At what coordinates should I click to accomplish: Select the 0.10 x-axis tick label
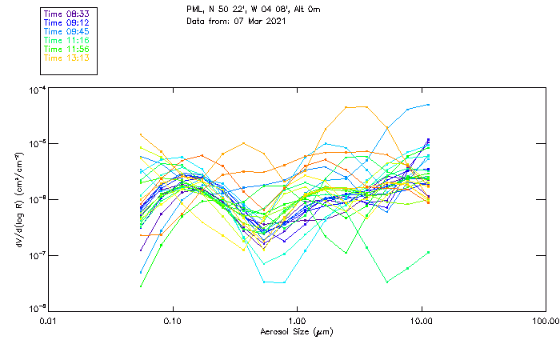coord(173,321)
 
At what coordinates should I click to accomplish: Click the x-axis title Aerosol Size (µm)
coord(297,331)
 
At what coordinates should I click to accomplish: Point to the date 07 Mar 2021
coord(258,20)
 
